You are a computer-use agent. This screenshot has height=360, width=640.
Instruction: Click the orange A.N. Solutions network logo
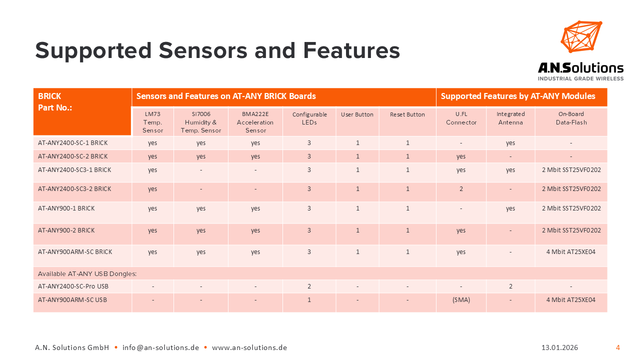581,36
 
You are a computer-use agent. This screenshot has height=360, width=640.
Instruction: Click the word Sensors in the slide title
203,50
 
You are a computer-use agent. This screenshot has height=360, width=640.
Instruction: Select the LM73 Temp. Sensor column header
152,122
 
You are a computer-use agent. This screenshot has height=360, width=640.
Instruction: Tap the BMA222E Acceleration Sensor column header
255,122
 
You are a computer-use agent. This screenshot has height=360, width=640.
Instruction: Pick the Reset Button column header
407,114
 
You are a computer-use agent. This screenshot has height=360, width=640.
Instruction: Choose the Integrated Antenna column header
510,118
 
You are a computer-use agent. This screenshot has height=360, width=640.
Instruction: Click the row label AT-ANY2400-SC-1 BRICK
73,142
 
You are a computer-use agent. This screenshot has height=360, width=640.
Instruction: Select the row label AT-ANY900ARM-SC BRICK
75,251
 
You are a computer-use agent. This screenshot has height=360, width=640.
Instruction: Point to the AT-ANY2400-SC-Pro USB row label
73,286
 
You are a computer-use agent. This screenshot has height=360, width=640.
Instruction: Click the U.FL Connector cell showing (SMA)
461,299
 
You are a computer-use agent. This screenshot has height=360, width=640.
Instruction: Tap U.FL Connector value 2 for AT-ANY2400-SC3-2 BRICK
461,189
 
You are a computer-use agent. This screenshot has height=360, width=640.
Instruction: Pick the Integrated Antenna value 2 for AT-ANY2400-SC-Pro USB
510,286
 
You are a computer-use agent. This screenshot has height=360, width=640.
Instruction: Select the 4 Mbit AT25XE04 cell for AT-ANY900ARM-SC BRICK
571,251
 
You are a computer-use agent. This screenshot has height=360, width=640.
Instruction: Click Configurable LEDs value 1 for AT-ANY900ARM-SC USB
309,299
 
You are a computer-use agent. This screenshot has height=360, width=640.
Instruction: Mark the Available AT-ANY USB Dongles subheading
87,273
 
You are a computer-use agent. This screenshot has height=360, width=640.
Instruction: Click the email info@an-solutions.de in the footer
160,347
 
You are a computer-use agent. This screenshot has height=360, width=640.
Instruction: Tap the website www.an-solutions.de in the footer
249,347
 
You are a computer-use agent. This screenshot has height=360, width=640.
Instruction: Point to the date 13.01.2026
559,347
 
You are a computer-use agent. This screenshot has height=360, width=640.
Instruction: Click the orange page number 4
617,347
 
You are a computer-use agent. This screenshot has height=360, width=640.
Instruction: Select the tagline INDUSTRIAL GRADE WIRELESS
580,78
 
